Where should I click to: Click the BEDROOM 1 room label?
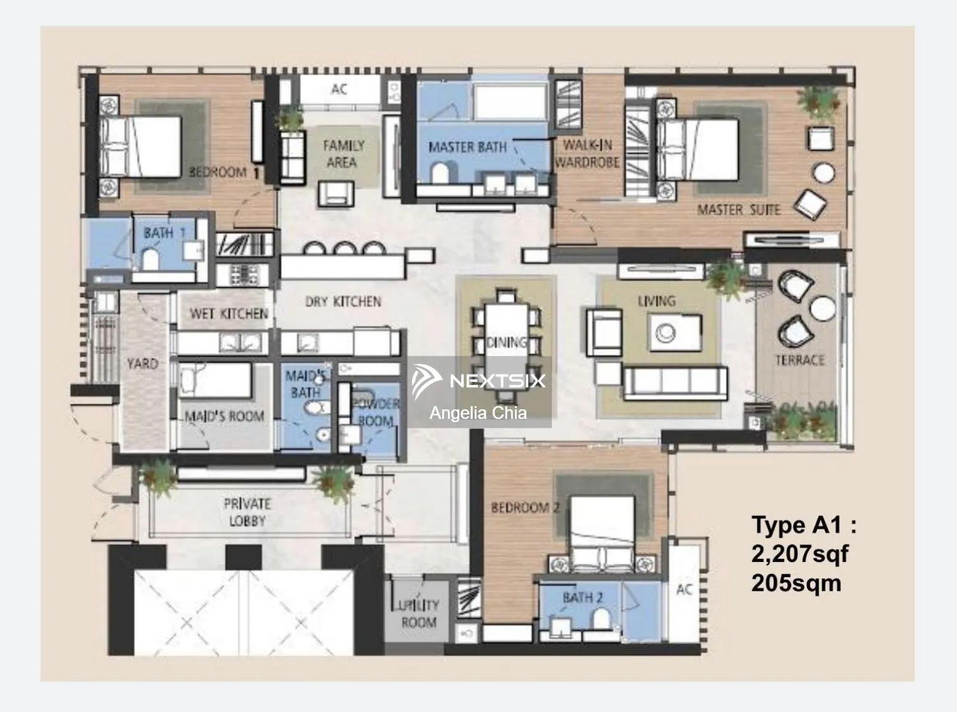[x=224, y=172]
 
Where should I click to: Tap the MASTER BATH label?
[x=467, y=148]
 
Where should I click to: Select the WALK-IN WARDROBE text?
[x=587, y=154]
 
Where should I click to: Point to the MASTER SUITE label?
[x=738, y=210]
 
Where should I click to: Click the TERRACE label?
[x=800, y=360]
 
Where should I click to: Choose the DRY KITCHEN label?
[x=343, y=301]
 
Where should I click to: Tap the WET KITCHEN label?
[x=228, y=314]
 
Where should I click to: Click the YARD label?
[x=142, y=363]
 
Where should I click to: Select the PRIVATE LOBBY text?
[x=247, y=512]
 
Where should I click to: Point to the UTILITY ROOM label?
[x=418, y=613]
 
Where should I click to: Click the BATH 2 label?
[x=582, y=598]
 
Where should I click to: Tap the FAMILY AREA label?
[x=343, y=154]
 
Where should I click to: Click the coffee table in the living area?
[x=675, y=333]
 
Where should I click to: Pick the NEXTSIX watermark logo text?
[x=497, y=381]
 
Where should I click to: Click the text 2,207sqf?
[x=799, y=554]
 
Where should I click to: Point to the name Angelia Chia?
[x=478, y=413]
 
